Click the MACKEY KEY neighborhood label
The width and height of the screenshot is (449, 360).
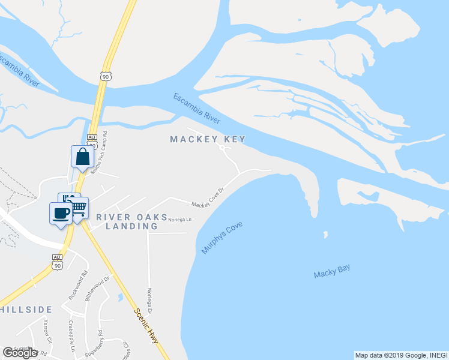point(208,139)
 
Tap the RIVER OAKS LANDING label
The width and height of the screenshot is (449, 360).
point(132,221)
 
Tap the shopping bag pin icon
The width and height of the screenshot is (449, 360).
point(82,157)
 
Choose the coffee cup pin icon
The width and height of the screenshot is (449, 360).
point(60,213)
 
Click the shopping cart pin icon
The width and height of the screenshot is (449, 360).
point(79,208)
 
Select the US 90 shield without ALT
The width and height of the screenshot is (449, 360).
point(106,76)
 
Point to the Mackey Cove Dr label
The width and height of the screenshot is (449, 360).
point(208,197)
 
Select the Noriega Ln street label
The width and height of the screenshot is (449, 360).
point(179,220)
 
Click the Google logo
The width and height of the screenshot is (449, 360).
point(20,353)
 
